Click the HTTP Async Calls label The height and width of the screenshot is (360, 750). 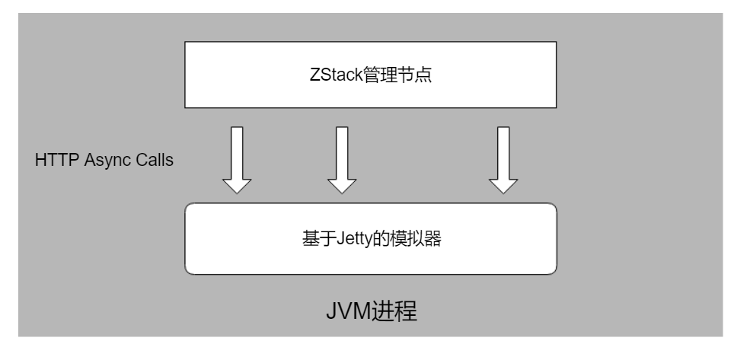[104, 161]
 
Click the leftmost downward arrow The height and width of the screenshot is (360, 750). [236, 159]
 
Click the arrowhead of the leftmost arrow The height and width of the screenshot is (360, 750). [236, 184]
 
